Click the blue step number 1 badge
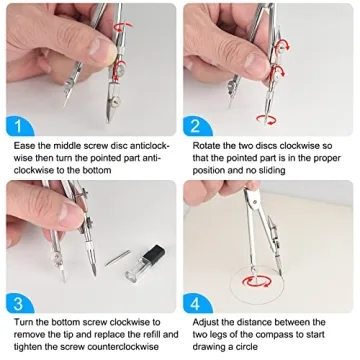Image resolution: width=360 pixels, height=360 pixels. [18, 126]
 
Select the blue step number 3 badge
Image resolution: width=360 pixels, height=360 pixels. [18, 303]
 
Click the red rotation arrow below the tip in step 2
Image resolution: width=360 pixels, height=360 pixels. [266, 119]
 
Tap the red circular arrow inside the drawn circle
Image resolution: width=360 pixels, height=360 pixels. [257, 282]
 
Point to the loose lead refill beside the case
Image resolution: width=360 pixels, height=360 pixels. [117, 258]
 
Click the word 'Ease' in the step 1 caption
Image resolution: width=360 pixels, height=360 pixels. [23, 146]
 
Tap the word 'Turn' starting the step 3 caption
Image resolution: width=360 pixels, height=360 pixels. [23, 322]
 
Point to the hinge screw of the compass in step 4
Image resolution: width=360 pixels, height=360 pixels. [255, 201]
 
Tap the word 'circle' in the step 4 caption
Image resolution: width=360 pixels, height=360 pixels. [245, 347]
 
